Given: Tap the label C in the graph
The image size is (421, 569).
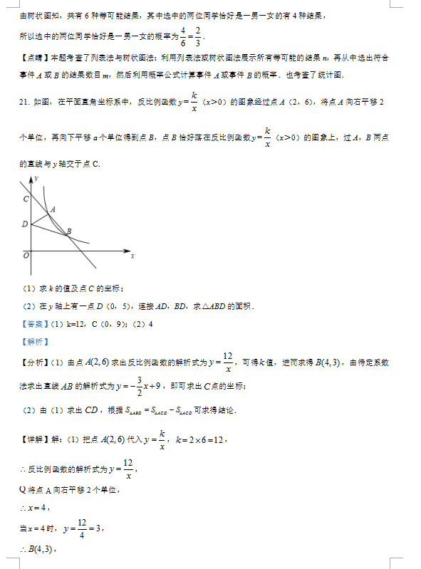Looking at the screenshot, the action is point(25,199).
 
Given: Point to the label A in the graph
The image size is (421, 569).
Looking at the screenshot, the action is point(53,209).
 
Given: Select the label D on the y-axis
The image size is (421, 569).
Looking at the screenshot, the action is point(24,224).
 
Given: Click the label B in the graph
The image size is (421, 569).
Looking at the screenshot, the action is point(68,231).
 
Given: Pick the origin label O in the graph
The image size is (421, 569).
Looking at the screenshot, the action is point(26,254).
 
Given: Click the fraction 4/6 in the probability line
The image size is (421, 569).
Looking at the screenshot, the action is point(183,34).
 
